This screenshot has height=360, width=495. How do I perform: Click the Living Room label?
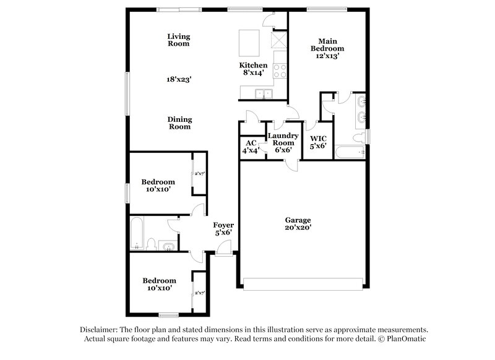click(x=178, y=40)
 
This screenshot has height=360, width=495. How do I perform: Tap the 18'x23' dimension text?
click(x=178, y=79)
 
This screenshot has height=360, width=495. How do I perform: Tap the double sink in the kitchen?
click(x=265, y=94)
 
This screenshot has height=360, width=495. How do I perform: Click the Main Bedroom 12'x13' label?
click(x=327, y=48)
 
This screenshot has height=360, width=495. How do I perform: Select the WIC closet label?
click(x=318, y=142)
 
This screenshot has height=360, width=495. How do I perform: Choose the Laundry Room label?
click(x=283, y=142)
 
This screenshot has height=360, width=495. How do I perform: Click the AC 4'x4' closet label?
click(x=250, y=146)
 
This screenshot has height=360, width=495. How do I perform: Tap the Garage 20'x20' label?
click(x=298, y=223)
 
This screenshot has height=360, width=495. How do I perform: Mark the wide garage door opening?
click(x=302, y=284)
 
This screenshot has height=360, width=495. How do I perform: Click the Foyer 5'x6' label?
click(x=223, y=229)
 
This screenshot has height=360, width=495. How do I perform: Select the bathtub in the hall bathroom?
click(x=137, y=233)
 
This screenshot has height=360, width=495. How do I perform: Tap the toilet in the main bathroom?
click(x=358, y=137)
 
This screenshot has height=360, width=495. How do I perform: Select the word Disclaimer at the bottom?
click(x=100, y=330)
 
